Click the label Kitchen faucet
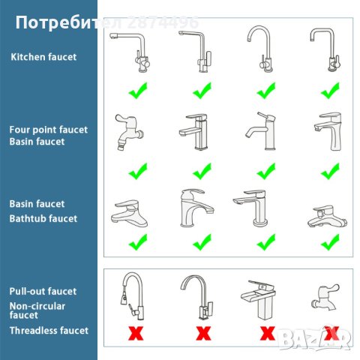[x=43, y=56]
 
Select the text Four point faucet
[x=48, y=129]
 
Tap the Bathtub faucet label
[x=43, y=218]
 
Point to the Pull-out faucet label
[x=43, y=291]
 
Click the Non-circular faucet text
[x=37, y=310]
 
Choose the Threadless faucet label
[x=48, y=330]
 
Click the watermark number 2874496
[x=163, y=22]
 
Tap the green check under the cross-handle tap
[x=136, y=172]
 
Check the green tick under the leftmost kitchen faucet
[x=136, y=91]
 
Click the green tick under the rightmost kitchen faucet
[x=329, y=91]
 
